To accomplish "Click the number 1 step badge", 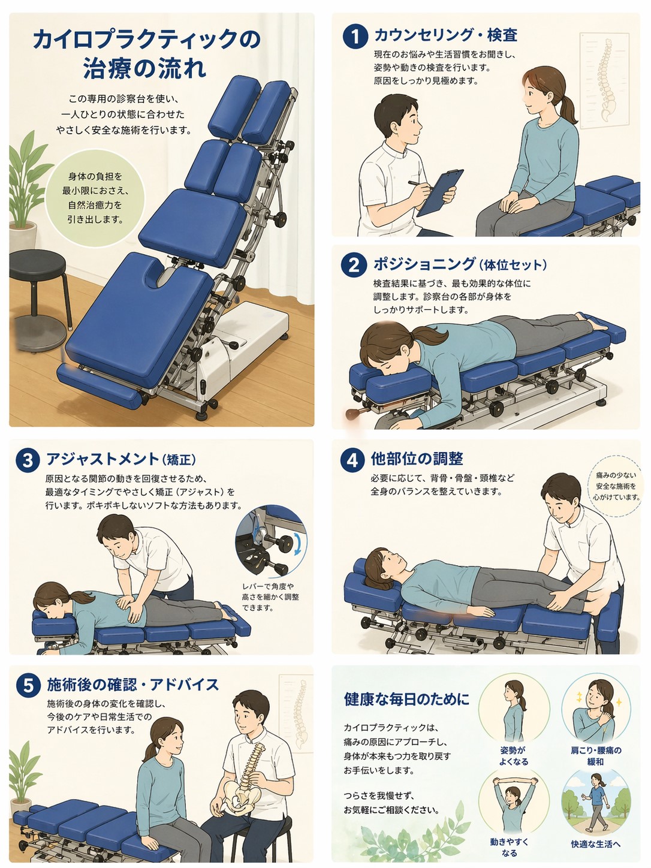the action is (355, 37).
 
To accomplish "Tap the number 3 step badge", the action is (28, 460).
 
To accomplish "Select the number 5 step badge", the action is (28, 685).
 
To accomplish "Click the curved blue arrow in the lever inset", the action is (299, 544).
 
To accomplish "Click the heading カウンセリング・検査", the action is (445, 35).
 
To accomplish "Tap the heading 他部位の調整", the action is (417, 459).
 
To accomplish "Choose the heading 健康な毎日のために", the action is (406, 699).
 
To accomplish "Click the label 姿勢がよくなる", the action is (514, 756).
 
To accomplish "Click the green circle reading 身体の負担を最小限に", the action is (95, 198).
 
